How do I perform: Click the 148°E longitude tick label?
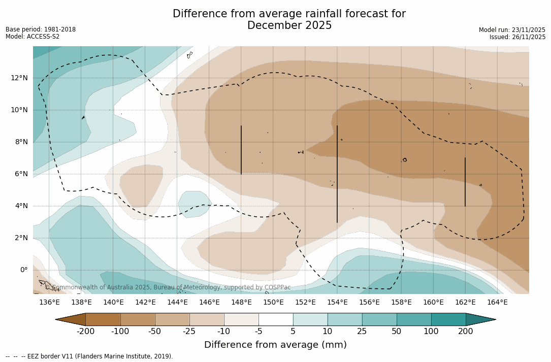[241, 303]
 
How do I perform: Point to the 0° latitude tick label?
[23, 270]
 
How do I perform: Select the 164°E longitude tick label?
[497, 303]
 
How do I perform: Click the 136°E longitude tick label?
[49, 303]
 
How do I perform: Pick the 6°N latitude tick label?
[21, 174]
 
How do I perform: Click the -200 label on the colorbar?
[85, 332]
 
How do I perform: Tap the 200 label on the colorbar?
[466, 332]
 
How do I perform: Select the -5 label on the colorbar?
[258, 332]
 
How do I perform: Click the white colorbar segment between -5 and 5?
[276, 319]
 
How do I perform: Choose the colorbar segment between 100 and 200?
[448, 319]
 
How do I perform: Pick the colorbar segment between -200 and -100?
[103, 319]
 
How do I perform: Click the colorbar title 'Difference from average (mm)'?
[275, 345]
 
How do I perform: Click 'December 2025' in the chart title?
[289, 25]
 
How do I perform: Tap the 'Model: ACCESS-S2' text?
[33, 37]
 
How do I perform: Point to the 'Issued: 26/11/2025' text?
[517, 37]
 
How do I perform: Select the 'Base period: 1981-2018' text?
[41, 29]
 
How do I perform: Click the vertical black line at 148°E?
[241, 150]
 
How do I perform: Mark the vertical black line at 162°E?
[465, 182]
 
